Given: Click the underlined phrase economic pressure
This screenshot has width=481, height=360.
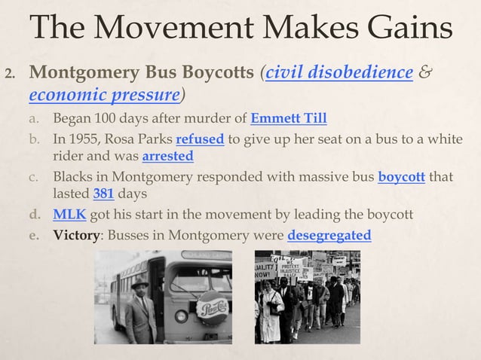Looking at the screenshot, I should pos(104,96).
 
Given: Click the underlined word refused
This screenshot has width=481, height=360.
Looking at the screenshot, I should pos(199,140).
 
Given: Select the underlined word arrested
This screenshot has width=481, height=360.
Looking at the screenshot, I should pos(167,157).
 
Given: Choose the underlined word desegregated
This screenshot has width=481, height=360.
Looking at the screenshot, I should pos(329,235).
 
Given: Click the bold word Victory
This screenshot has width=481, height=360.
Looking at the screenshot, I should pos(76,235).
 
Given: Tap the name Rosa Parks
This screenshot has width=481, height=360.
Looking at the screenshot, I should pos(140,140).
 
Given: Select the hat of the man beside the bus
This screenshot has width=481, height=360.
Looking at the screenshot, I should pos(140,285).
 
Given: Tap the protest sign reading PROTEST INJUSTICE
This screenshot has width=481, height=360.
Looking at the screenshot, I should pos(291,269).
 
